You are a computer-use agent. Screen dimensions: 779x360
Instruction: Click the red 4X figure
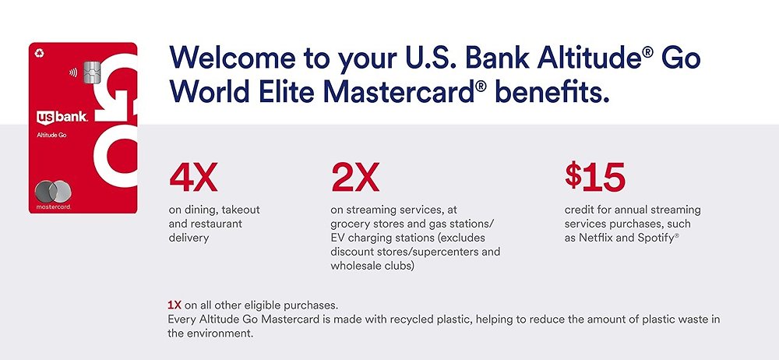point(192,178)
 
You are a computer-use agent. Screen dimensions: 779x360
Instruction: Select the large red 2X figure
point(354,178)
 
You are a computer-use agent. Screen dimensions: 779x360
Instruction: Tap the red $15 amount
point(594,177)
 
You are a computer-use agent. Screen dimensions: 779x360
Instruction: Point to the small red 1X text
point(174,305)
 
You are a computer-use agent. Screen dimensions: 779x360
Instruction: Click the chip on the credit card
point(93,73)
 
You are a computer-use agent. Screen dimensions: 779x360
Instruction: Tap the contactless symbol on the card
point(73,72)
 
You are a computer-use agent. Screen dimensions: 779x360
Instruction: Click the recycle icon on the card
point(39,53)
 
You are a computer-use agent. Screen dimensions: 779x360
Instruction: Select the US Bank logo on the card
point(62,118)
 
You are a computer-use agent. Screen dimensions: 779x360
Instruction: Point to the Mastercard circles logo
point(53,192)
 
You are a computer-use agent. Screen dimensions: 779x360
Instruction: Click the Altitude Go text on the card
point(51,135)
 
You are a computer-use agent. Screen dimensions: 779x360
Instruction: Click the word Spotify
point(654,238)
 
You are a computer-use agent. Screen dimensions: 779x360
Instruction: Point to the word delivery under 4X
point(189,238)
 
